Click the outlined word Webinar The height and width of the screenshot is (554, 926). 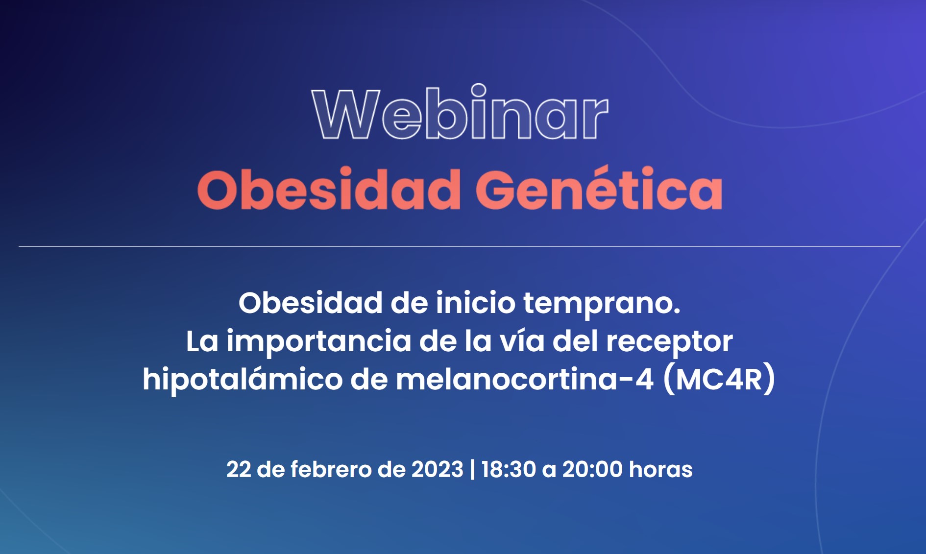click(x=460, y=112)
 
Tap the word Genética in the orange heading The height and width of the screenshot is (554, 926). click(x=599, y=188)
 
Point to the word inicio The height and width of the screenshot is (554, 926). click(x=475, y=303)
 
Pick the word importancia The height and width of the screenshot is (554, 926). click(x=318, y=342)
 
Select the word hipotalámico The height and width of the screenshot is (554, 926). click(x=243, y=380)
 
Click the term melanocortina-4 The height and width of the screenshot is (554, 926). click(x=524, y=380)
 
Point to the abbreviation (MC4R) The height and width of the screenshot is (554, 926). click(x=719, y=379)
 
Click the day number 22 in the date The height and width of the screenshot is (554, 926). click(x=239, y=469)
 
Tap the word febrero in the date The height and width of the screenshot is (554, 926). click(x=331, y=469)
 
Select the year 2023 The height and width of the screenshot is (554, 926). click(x=437, y=469)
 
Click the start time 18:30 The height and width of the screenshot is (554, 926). click(x=509, y=469)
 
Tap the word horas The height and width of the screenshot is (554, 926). click(x=660, y=469)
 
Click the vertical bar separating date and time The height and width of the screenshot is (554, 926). click(x=472, y=469)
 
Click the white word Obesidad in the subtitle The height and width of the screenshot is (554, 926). click(x=310, y=303)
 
